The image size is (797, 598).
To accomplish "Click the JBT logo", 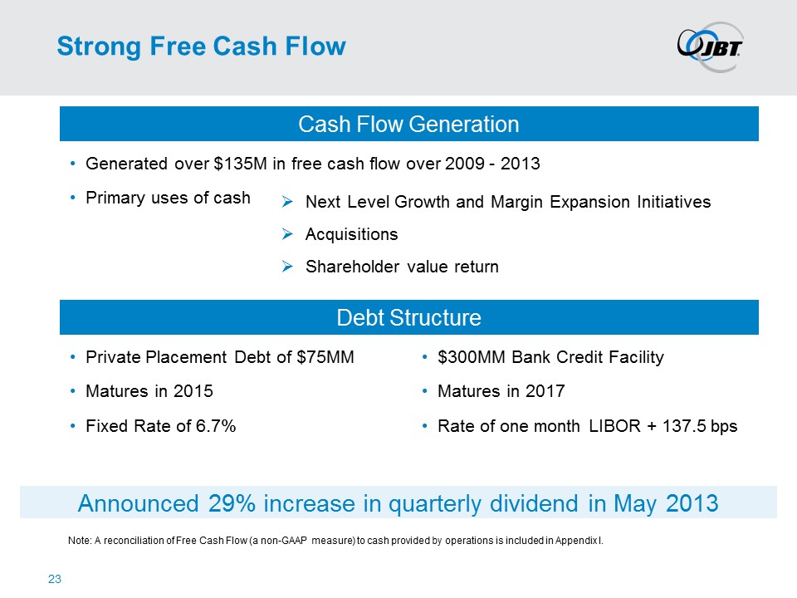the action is (710, 47).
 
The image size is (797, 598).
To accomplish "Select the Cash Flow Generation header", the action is (408, 124).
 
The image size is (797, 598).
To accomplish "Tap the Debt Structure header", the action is (408, 317).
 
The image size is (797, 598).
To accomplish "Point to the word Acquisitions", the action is (351, 234).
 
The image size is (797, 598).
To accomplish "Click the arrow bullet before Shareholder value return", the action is (287, 267).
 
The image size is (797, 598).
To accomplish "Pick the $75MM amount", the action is (325, 357).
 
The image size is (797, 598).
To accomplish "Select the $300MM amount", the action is (472, 357).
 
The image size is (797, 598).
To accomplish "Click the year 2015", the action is (193, 391).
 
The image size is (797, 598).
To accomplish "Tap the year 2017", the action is (545, 391).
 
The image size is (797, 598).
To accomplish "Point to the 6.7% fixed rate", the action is (216, 425).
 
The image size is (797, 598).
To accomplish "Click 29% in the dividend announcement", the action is (232, 503).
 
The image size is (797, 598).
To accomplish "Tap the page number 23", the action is (55, 579).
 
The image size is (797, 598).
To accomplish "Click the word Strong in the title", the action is (99, 47).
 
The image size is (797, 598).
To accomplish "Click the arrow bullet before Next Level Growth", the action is (287, 202).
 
